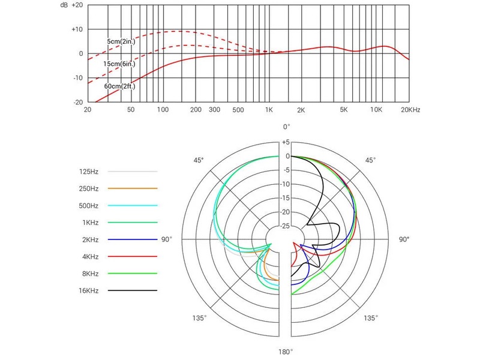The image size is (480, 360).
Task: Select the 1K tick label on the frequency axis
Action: coord(269,110)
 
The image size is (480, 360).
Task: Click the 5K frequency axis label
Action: coord(344,110)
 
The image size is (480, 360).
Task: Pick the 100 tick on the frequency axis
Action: coord(162,110)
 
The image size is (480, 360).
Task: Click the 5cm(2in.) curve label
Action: coord(120,41)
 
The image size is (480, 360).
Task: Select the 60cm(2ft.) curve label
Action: coord(120,86)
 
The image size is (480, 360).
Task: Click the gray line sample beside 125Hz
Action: coord(133,172)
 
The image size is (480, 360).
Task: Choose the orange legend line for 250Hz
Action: coord(133,188)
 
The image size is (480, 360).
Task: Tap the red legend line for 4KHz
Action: coord(133,256)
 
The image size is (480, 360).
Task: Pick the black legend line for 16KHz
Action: coord(133,290)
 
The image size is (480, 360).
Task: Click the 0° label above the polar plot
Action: coord(287,127)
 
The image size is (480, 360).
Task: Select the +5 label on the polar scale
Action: coord(286,142)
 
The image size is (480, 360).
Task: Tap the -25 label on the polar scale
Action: coord(285,226)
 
